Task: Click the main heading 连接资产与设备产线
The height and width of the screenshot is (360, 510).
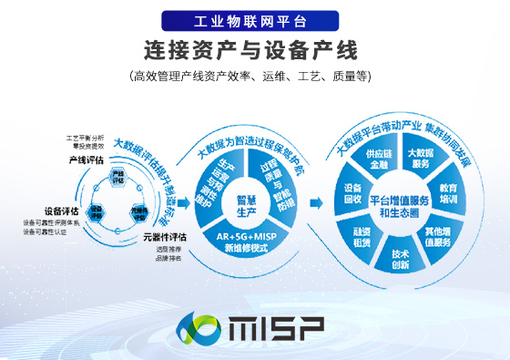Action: [254, 48]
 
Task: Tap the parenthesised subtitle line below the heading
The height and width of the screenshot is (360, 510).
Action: [254, 77]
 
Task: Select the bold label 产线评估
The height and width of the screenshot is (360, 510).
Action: [85, 159]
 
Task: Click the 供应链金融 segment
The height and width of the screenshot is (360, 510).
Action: [378, 161]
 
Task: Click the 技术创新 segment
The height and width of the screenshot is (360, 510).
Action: [400, 258]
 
